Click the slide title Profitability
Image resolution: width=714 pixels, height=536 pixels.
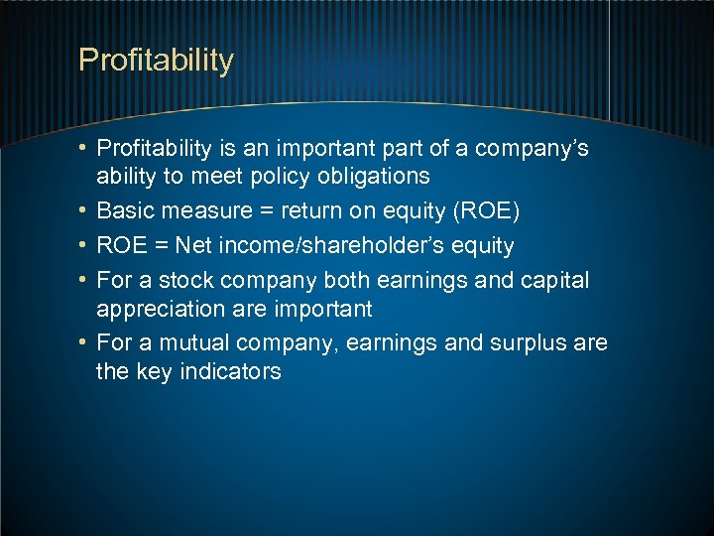156,61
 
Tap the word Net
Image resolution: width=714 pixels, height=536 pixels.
195,245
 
